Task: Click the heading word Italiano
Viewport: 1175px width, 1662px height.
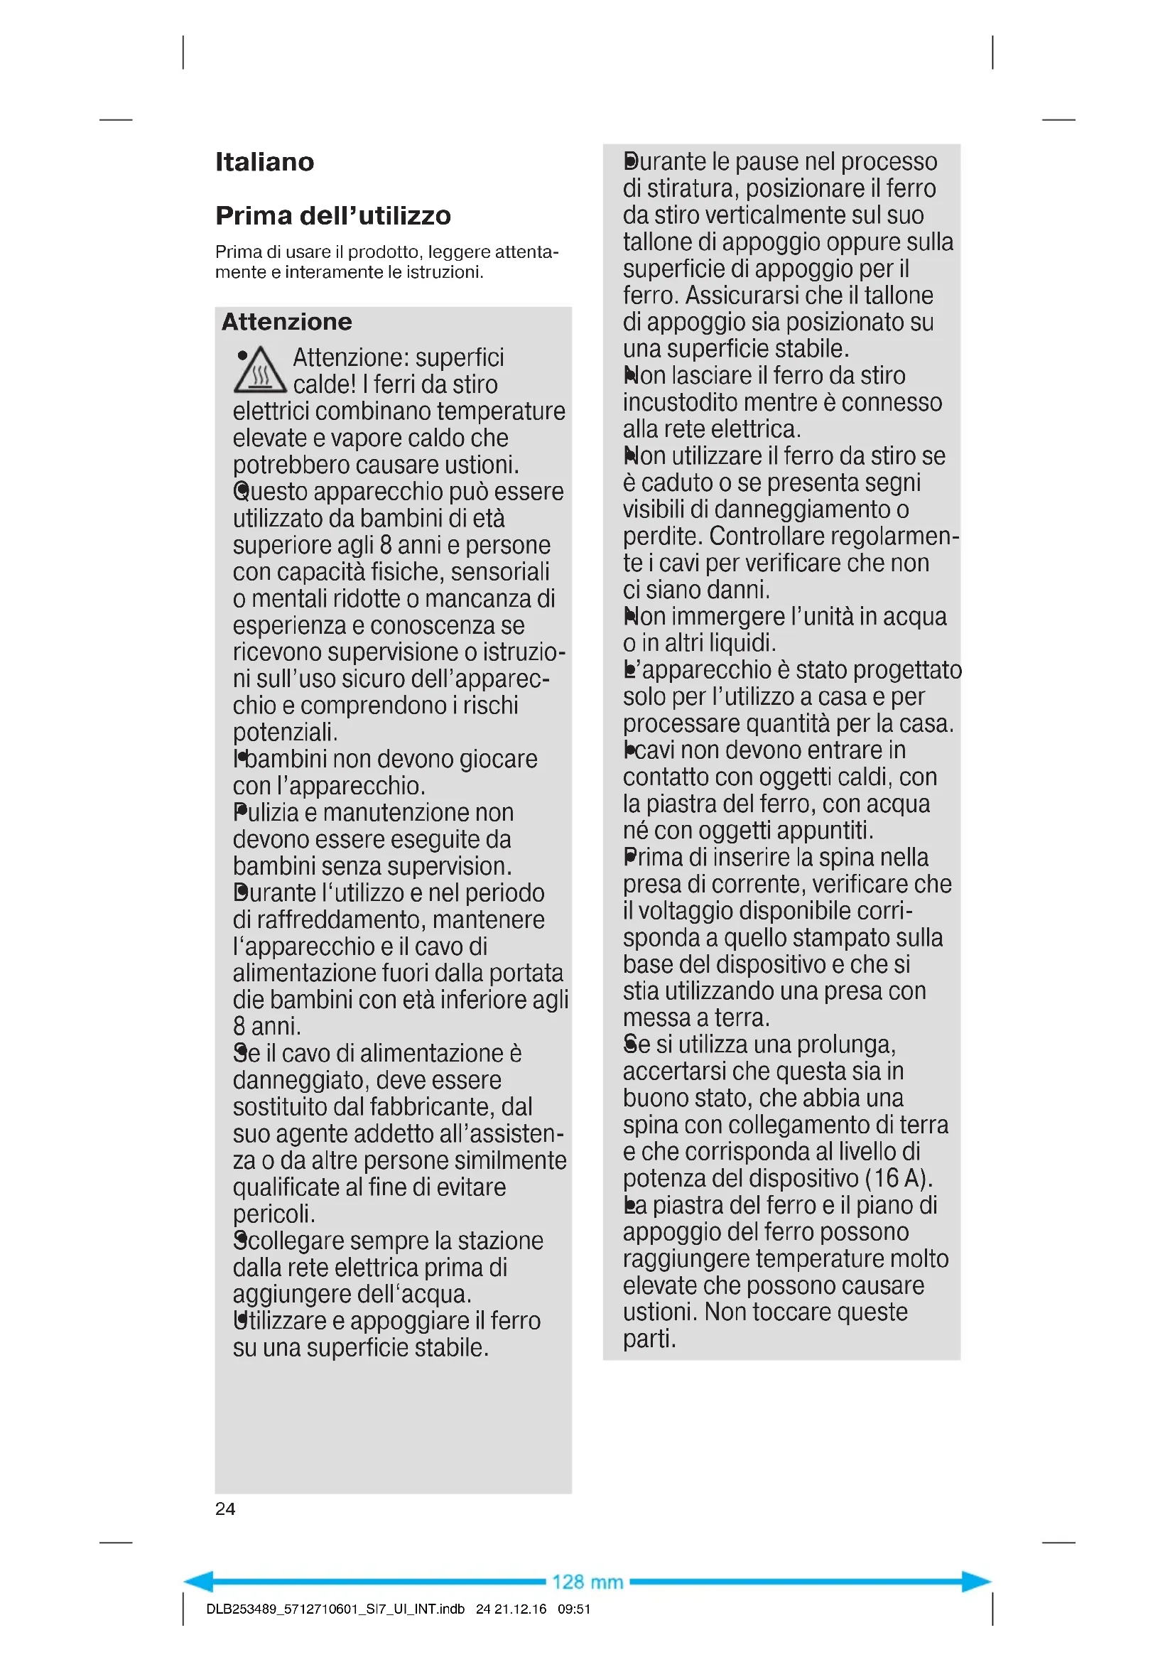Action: [x=265, y=162]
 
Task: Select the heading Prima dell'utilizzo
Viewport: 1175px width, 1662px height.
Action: [x=332, y=216]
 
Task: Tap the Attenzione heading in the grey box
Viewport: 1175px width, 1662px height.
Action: [x=286, y=322]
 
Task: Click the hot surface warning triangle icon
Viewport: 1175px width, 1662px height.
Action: [x=260, y=372]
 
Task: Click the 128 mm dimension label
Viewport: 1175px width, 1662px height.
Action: [x=587, y=1582]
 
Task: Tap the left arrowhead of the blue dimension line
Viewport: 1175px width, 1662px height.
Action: [x=200, y=1582]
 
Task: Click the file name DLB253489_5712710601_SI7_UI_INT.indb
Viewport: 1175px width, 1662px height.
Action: [x=335, y=1609]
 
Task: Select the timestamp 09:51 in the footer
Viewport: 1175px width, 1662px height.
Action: [x=574, y=1609]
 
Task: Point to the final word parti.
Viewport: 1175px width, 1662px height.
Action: [x=649, y=1339]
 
